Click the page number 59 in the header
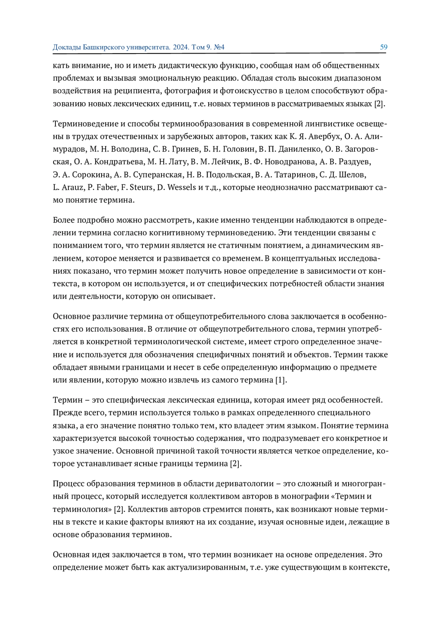click(384, 47)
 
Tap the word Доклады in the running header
click(67, 47)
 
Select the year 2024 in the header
click(181, 47)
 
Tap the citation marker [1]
click(281, 380)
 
